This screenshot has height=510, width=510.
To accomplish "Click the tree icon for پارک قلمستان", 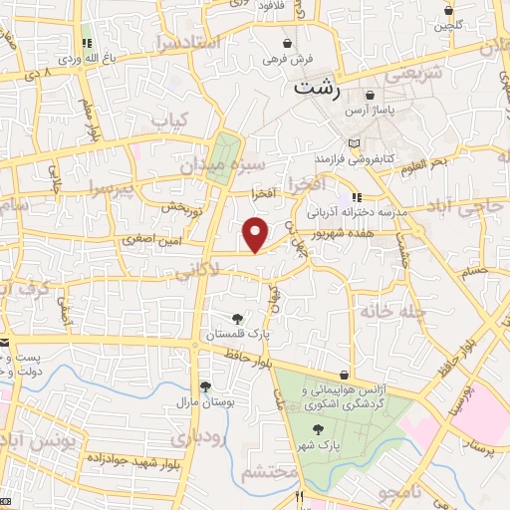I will [x=235, y=318].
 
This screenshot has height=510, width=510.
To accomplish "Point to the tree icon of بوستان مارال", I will [x=204, y=386].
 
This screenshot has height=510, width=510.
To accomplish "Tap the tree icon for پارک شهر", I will [x=319, y=428].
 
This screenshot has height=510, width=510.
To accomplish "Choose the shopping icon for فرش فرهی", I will [x=289, y=45].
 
